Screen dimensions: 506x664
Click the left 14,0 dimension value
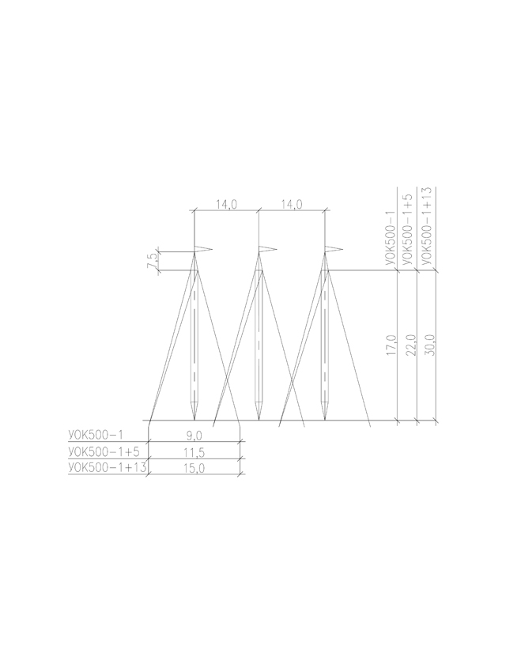tap(227, 205)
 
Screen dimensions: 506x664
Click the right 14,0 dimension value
tap(292, 205)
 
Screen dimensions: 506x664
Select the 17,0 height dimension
tap(391, 345)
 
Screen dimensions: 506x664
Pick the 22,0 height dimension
tap(411, 345)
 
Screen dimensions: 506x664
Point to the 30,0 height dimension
tap(430, 345)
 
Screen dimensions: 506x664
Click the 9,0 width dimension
tap(194, 436)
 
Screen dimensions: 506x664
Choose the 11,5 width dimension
tap(194, 453)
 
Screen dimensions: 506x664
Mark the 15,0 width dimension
tap(194, 468)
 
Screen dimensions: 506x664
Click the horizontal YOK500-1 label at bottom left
tap(96, 435)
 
